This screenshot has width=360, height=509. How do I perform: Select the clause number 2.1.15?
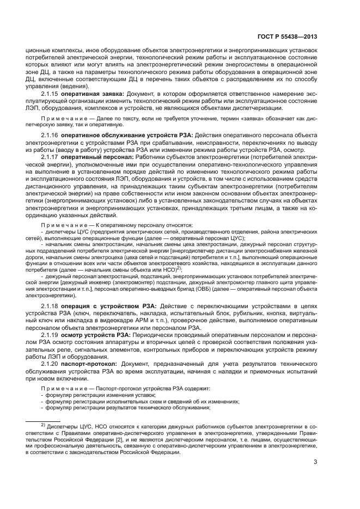(50, 94)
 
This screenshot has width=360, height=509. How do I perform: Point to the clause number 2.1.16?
(50, 134)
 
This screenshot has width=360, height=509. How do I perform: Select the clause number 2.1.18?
(50, 307)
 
